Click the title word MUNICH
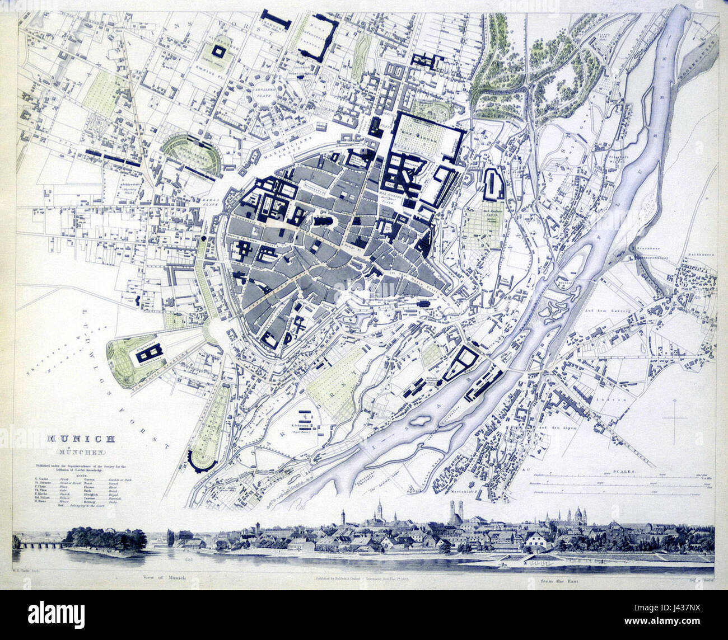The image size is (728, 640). [x=81, y=439]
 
